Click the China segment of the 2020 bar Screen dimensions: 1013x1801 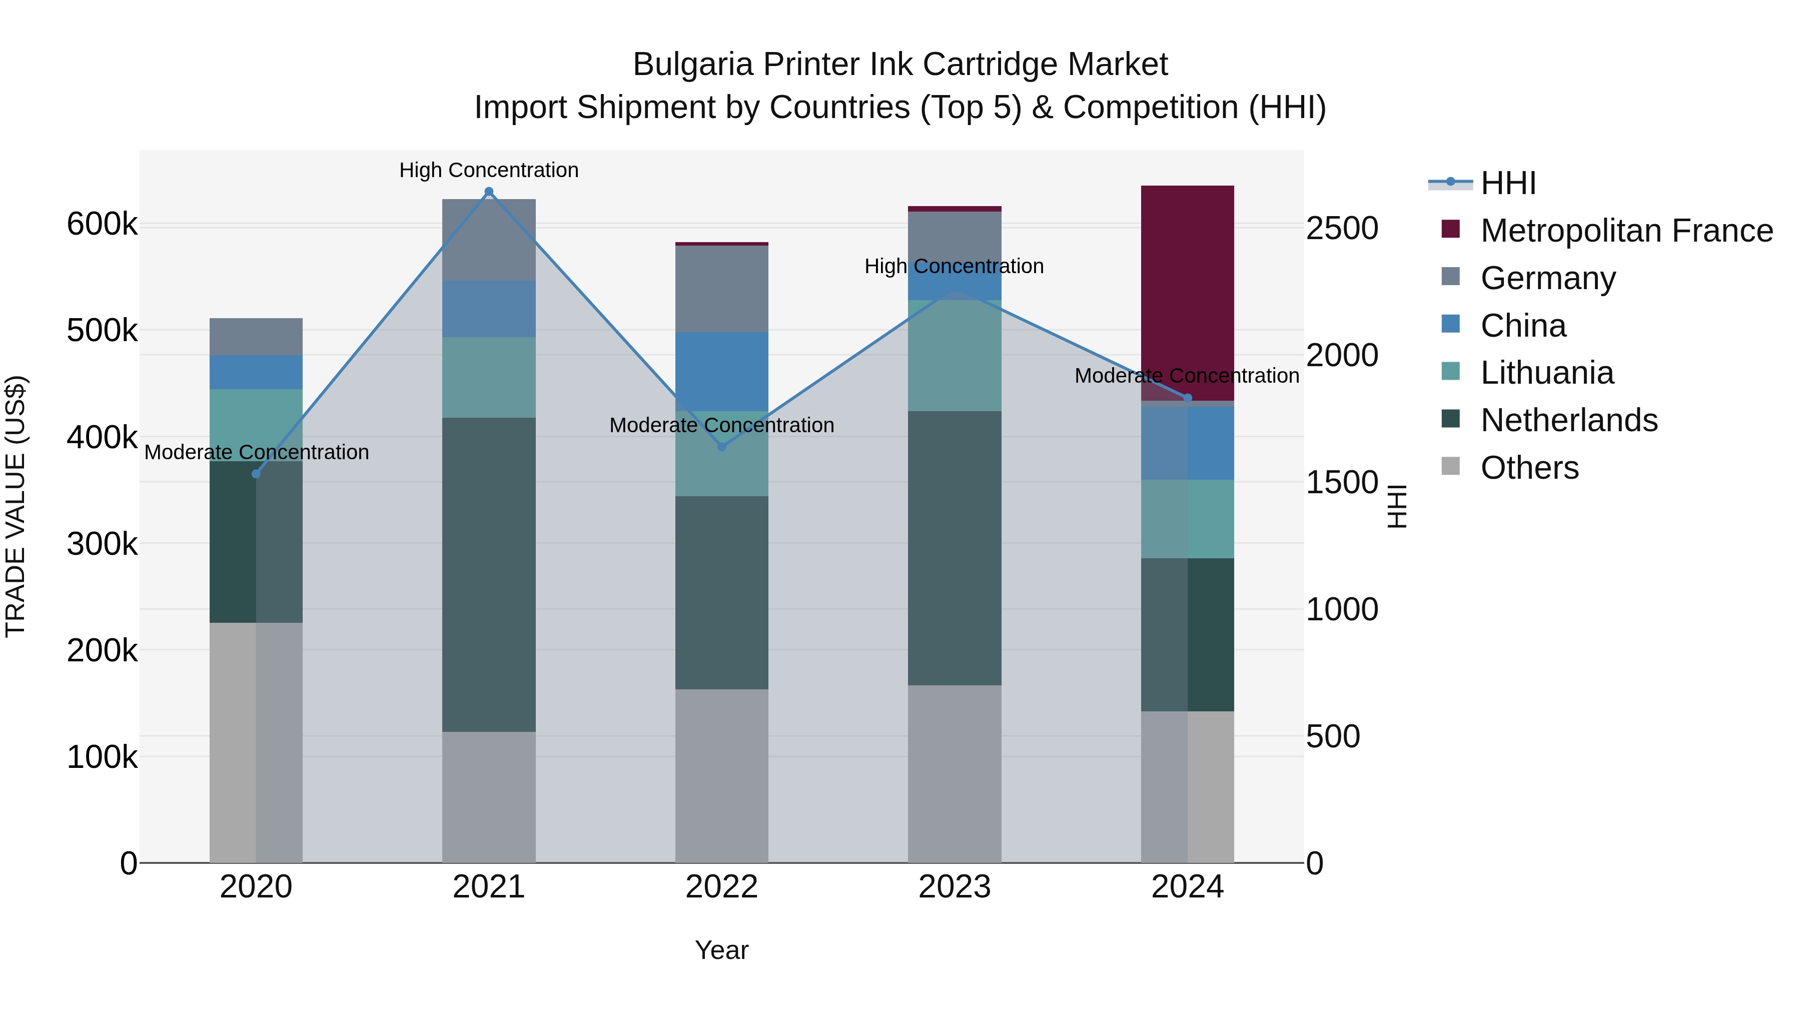256,372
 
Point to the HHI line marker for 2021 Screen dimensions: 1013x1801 489,192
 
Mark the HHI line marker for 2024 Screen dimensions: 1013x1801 1187,398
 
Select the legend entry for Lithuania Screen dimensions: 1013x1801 1546,373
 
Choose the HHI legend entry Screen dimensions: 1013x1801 1507,183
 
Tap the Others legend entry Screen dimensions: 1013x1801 1528,468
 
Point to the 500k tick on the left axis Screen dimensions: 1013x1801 102,331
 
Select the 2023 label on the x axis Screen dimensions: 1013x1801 955,887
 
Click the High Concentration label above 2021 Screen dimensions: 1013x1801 489,170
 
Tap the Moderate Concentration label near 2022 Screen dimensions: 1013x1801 721,425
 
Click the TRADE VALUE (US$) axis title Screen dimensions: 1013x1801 16,506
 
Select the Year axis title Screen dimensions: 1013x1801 721,950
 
